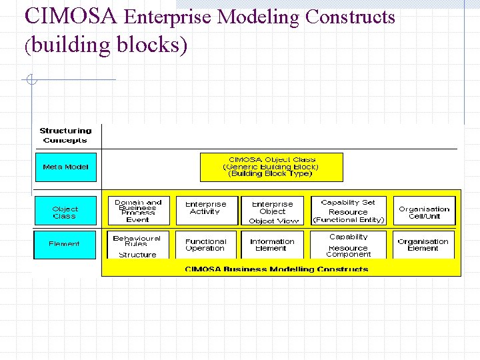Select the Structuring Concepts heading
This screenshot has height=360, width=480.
[x=65, y=135]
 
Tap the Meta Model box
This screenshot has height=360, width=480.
[x=65, y=167]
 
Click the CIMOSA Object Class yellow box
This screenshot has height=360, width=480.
[x=272, y=167]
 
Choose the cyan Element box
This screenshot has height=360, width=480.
[x=65, y=244]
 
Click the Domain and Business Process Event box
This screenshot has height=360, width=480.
[x=138, y=211]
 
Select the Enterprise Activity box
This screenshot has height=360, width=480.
[x=206, y=211]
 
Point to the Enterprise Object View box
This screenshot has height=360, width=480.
[x=273, y=211]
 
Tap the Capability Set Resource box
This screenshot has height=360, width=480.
[x=348, y=211]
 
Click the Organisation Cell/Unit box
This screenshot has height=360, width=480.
[x=424, y=211]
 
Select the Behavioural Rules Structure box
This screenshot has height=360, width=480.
[x=138, y=245]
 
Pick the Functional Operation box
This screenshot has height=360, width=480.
[x=206, y=245]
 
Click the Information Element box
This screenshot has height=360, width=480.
[x=273, y=245]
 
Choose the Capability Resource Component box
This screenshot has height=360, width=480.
[x=348, y=245]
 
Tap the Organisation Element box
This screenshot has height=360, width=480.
[x=424, y=245]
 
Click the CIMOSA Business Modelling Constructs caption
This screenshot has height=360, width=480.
[x=276, y=269]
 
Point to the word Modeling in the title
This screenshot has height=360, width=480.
[x=261, y=17]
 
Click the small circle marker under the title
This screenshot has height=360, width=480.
[x=31, y=81]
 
